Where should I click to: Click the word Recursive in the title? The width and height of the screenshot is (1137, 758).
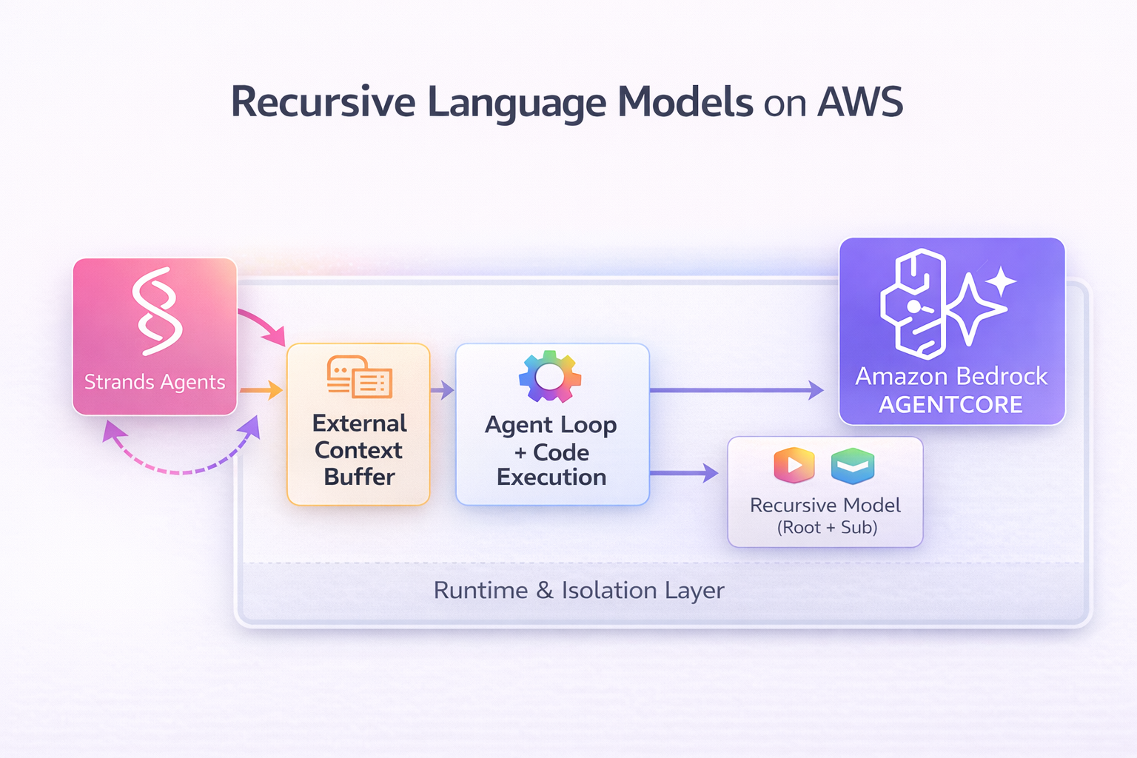pyautogui.click(x=323, y=102)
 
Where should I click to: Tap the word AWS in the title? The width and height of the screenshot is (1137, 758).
pyautogui.click(x=860, y=102)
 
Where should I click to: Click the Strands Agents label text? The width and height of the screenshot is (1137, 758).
pyautogui.click(x=155, y=382)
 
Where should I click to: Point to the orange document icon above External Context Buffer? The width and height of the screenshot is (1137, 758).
pyautogui.click(x=360, y=377)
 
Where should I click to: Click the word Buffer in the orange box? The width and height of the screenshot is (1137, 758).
pyautogui.click(x=360, y=477)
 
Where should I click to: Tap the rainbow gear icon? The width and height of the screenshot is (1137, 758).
pyautogui.click(x=550, y=376)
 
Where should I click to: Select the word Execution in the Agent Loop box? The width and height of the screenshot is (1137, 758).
pyautogui.click(x=551, y=477)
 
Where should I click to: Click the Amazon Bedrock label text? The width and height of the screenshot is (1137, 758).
pyautogui.click(x=951, y=377)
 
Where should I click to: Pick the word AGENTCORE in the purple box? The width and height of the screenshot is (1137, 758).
pyautogui.click(x=951, y=405)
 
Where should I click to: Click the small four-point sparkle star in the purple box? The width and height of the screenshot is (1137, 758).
pyautogui.click(x=1001, y=282)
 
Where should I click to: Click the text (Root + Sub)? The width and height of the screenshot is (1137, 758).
pyautogui.click(x=827, y=528)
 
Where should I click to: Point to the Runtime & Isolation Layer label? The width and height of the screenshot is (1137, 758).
pyautogui.click(x=579, y=591)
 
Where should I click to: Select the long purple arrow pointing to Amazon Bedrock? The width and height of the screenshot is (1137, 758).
pyautogui.click(x=737, y=390)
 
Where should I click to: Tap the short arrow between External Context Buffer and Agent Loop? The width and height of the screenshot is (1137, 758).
pyautogui.click(x=442, y=390)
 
